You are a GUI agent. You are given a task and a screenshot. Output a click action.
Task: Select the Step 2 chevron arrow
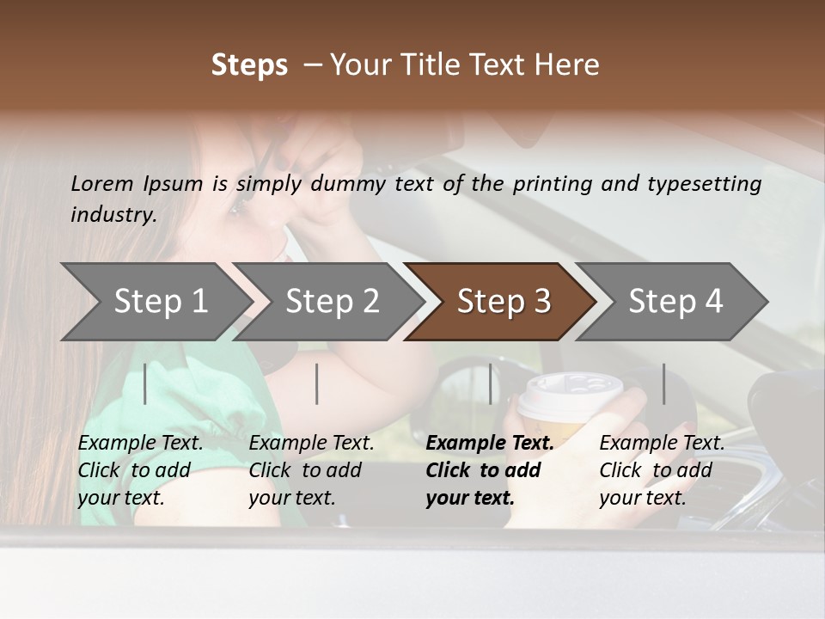(x=331, y=302)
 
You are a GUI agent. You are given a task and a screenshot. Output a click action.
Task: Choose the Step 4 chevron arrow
(x=675, y=302)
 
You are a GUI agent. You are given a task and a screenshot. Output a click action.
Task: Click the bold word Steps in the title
(x=249, y=65)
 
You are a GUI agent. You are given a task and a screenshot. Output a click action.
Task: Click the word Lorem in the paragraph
(x=101, y=183)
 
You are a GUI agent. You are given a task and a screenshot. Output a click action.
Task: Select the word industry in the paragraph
(x=113, y=215)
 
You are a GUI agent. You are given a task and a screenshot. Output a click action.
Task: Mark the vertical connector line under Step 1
(x=145, y=383)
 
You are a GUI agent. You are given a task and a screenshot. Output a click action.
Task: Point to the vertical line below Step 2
(x=317, y=383)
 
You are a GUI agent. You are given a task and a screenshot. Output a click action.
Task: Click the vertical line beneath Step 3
(x=490, y=383)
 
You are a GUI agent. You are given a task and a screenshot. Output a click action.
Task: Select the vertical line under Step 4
(x=663, y=383)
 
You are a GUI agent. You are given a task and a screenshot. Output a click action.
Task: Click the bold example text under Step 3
(x=489, y=470)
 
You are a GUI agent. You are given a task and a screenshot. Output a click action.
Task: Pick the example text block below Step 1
(x=140, y=470)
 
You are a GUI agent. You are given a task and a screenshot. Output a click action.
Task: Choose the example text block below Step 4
(x=661, y=470)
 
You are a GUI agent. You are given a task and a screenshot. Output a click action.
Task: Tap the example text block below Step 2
(x=311, y=470)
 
